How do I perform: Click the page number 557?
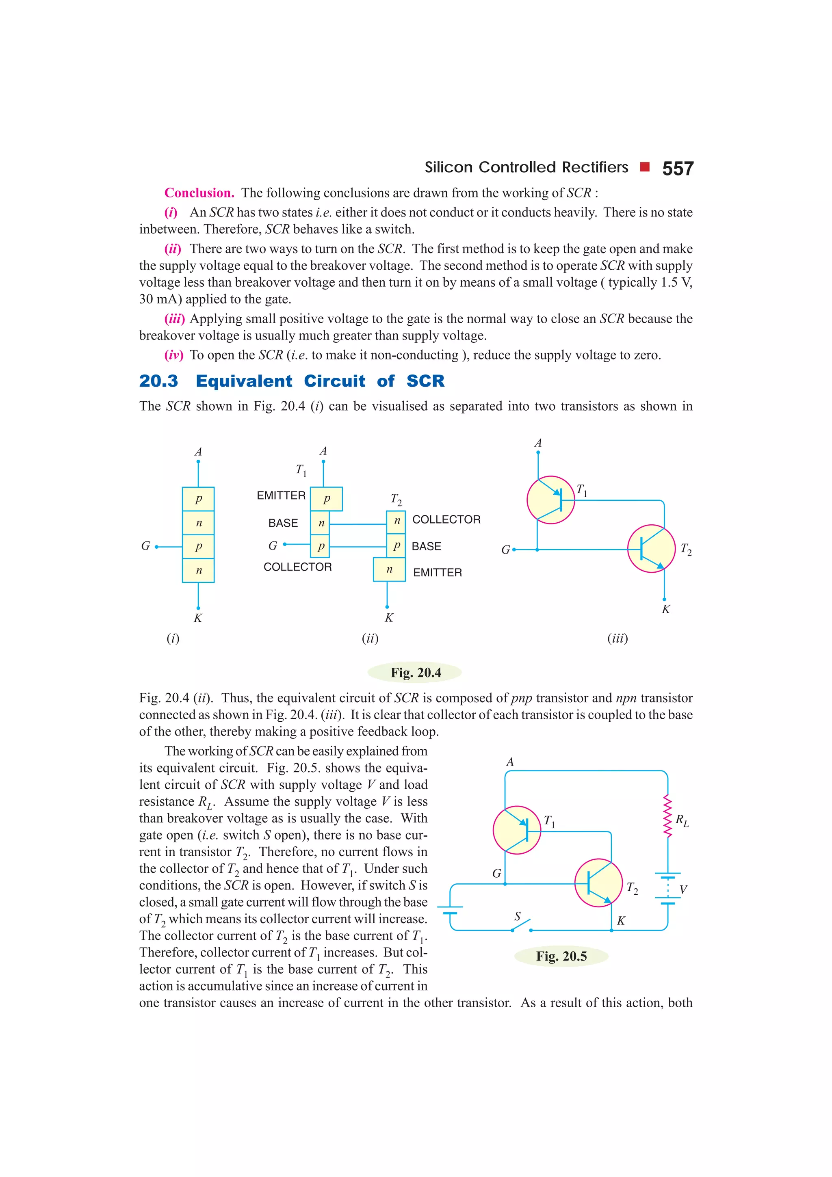(677, 169)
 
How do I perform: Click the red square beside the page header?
(645, 167)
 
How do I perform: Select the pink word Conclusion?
(199, 193)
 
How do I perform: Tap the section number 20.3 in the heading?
(158, 381)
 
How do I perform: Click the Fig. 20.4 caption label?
(415, 672)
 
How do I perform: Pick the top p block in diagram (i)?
(198, 499)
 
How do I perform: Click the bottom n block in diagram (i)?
(198, 571)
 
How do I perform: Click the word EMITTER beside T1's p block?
(281, 495)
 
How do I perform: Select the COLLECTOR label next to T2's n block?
(446, 519)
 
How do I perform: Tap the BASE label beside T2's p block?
(426, 547)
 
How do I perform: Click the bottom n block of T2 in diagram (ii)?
(389, 569)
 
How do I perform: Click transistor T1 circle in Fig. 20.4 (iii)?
(550, 500)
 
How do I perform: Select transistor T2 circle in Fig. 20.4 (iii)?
(651, 549)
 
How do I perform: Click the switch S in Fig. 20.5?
(521, 925)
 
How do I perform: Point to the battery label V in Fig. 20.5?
(683, 889)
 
